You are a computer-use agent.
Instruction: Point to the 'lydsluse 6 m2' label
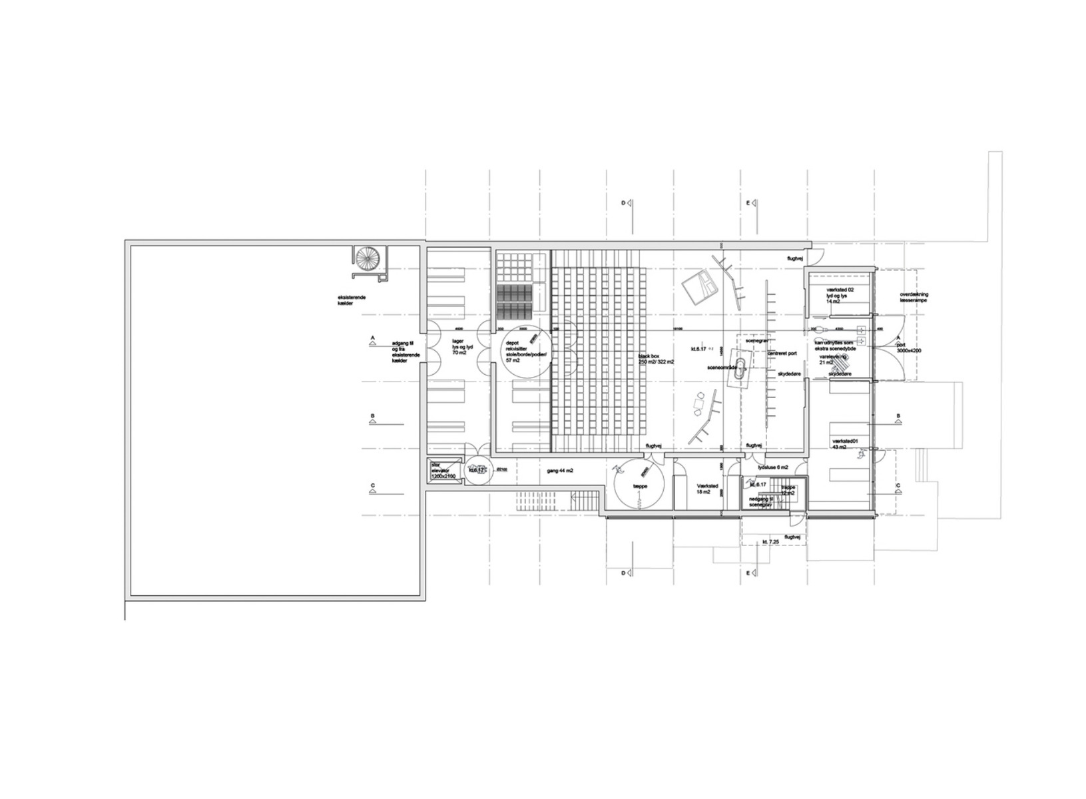click(x=773, y=467)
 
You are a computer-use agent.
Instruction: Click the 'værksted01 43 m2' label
click(x=846, y=444)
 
